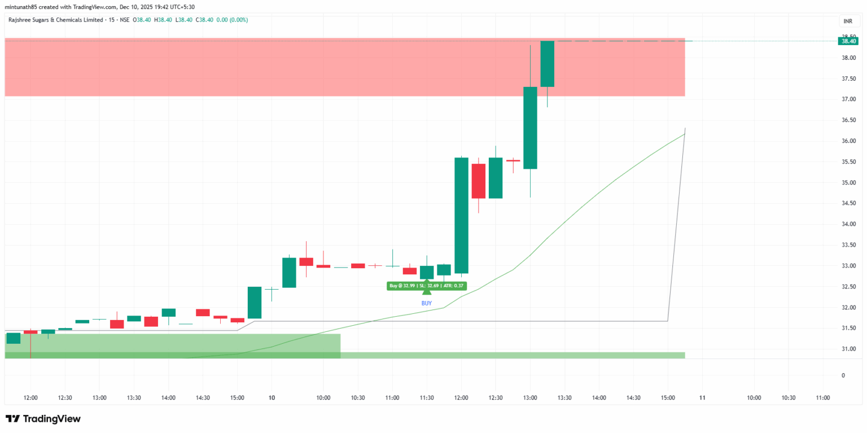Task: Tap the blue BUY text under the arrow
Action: tap(427, 303)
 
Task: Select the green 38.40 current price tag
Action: tap(848, 41)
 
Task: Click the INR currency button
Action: tap(848, 21)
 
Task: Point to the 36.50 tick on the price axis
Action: tap(848, 120)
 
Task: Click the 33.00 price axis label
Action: tap(848, 266)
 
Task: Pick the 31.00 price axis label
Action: tap(848, 349)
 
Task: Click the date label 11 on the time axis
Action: tap(702, 398)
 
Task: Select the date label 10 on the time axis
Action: tap(272, 398)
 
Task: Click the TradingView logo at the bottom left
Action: tap(43, 419)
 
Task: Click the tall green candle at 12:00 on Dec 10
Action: tap(461, 215)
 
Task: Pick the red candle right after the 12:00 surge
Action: tap(479, 181)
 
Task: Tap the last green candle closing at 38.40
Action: tap(548, 64)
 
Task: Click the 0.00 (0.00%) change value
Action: tap(232, 20)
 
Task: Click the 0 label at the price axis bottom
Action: tap(843, 375)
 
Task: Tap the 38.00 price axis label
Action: tap(848, 58)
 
